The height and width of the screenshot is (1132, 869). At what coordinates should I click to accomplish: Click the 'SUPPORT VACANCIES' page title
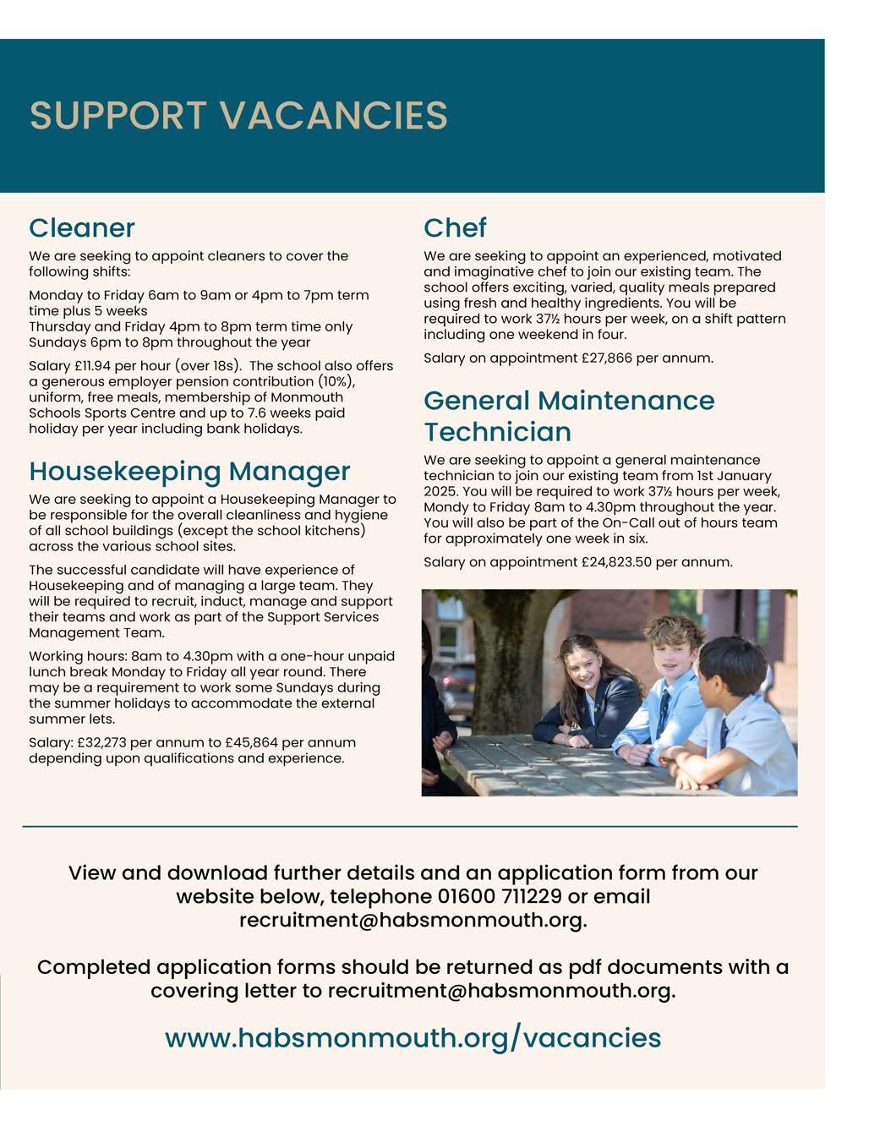pyautogui.click(x=238, y=116)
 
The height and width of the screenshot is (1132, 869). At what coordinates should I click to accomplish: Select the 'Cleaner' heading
pyautogui.click(x=82, y=227)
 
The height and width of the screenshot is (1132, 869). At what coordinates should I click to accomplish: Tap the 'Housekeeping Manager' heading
pyautogui.click(x=189, y=471)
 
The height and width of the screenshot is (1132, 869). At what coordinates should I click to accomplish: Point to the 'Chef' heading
pyautogui.click(x=455, y=227)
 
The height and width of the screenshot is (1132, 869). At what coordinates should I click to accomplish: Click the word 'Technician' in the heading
pyautogui.click(x=498, y=432)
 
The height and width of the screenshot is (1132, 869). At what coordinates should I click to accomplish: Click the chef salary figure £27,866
pyautogui.click(x=607, y=358)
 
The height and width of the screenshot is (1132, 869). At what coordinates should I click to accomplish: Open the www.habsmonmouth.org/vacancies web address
pyautogui.click(x=413, y=1037)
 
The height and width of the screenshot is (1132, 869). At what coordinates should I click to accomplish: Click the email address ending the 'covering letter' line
pyautogui.click(x=501, y=990)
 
